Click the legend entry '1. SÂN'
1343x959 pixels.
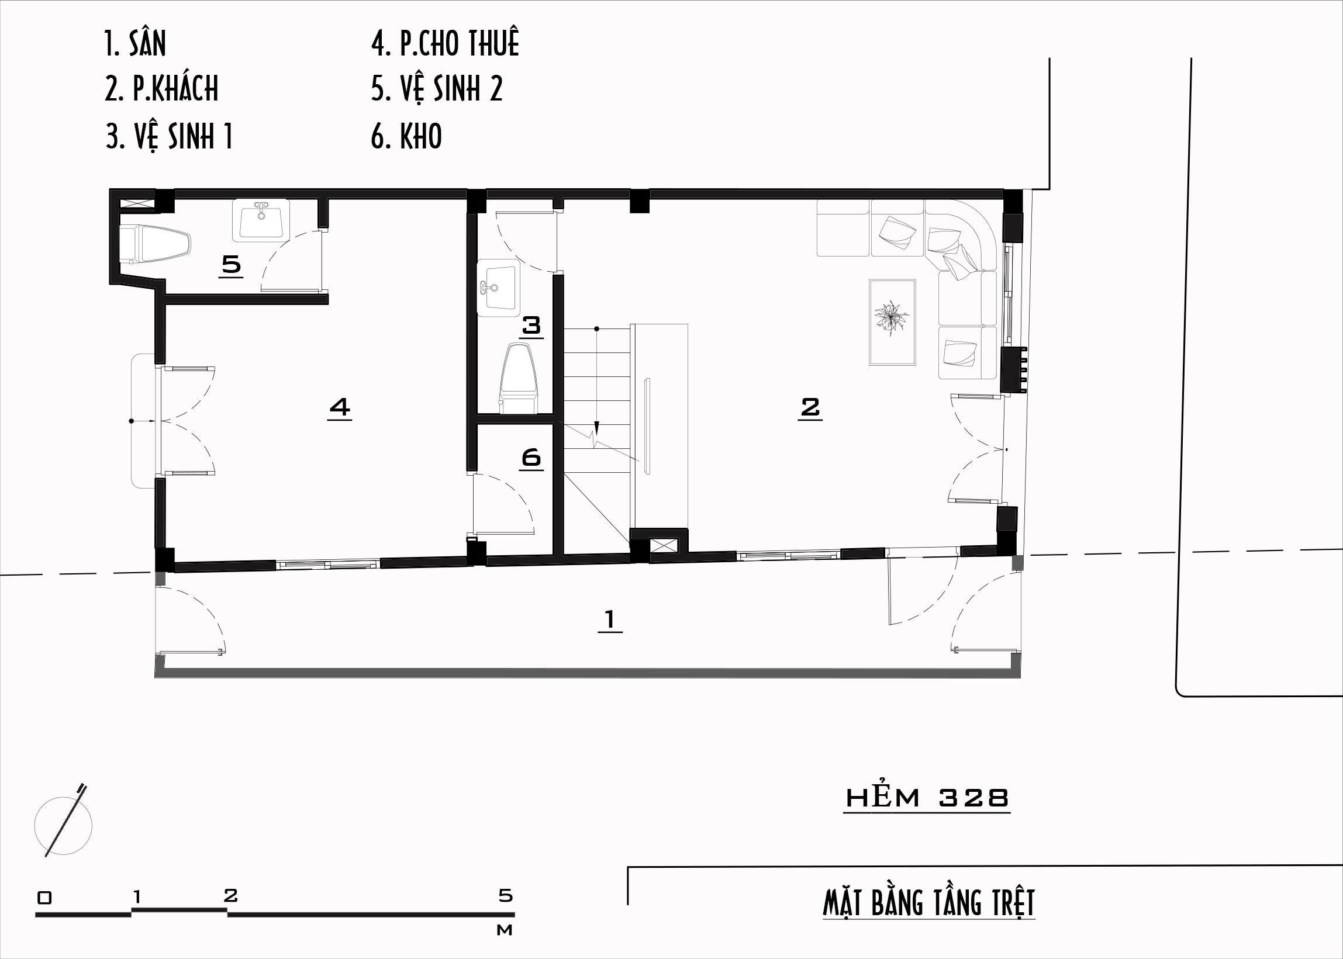click(x=135, y=43)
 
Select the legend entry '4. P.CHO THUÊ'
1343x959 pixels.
click(x=446, y=43)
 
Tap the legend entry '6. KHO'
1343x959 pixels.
click(x=406, y=136)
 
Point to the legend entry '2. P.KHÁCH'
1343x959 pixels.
click(x=162, y=89)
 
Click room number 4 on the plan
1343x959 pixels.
click(x=340, y=407)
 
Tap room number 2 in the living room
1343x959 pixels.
click(x=810, y=407)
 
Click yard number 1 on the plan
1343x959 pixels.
click(x=610, y=619)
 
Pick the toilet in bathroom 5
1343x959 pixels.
click(x=155, y=244)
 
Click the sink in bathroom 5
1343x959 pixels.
click(x=261, y=220)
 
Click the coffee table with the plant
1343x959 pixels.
click(x=892, y=323)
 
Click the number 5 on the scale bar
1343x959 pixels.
click(x=505, y=895)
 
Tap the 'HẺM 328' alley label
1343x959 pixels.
click(x=927, y=798)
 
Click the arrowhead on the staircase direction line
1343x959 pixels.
click(x=597, y=428)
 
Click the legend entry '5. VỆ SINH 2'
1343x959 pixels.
click(x=437, y=89)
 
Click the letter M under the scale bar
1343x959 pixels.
click(x=504, y=930)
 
